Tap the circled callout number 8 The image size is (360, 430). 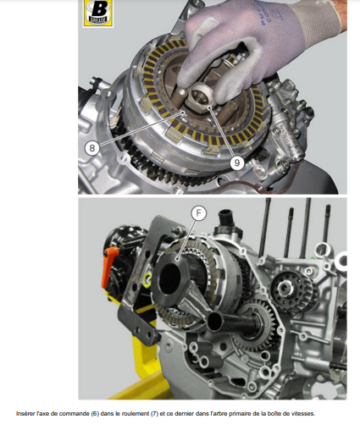92,147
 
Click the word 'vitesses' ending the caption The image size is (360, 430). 302,414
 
